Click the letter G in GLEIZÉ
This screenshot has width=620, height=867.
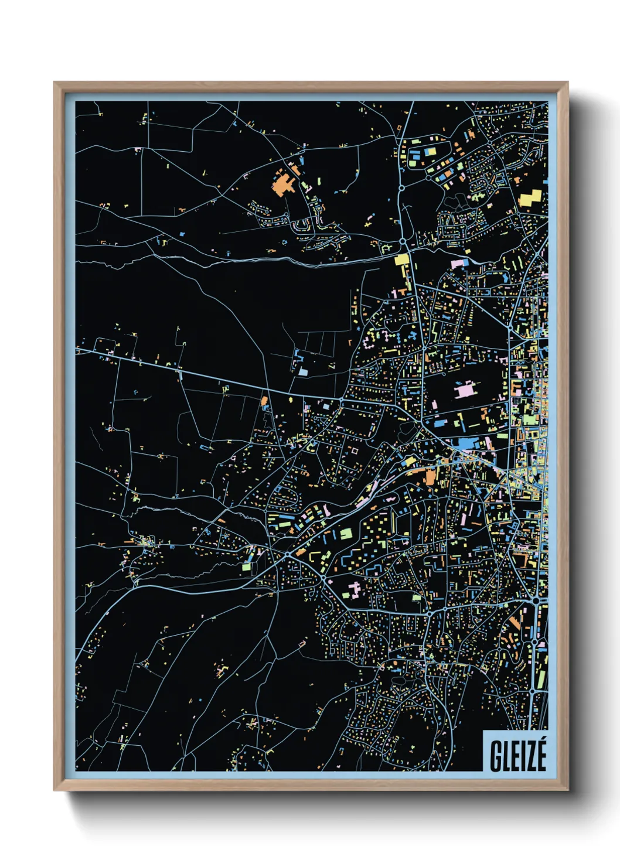(x=496, y=756)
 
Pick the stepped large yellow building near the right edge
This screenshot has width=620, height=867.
(x=531, y=197)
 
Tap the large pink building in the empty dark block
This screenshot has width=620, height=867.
(x=466, y=390)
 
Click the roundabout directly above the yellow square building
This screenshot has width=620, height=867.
(x=403, y=241)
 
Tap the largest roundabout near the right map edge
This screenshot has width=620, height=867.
(x=536, y=600)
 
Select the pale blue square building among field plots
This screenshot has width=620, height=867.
(x=303, y=371)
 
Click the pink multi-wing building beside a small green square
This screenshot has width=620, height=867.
(x=354, y=589)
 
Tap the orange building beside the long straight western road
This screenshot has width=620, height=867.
(x=264, y=401)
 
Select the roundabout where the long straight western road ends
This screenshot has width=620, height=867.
(x=342, y=401)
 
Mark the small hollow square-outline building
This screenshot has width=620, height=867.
(x=353, y=451)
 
